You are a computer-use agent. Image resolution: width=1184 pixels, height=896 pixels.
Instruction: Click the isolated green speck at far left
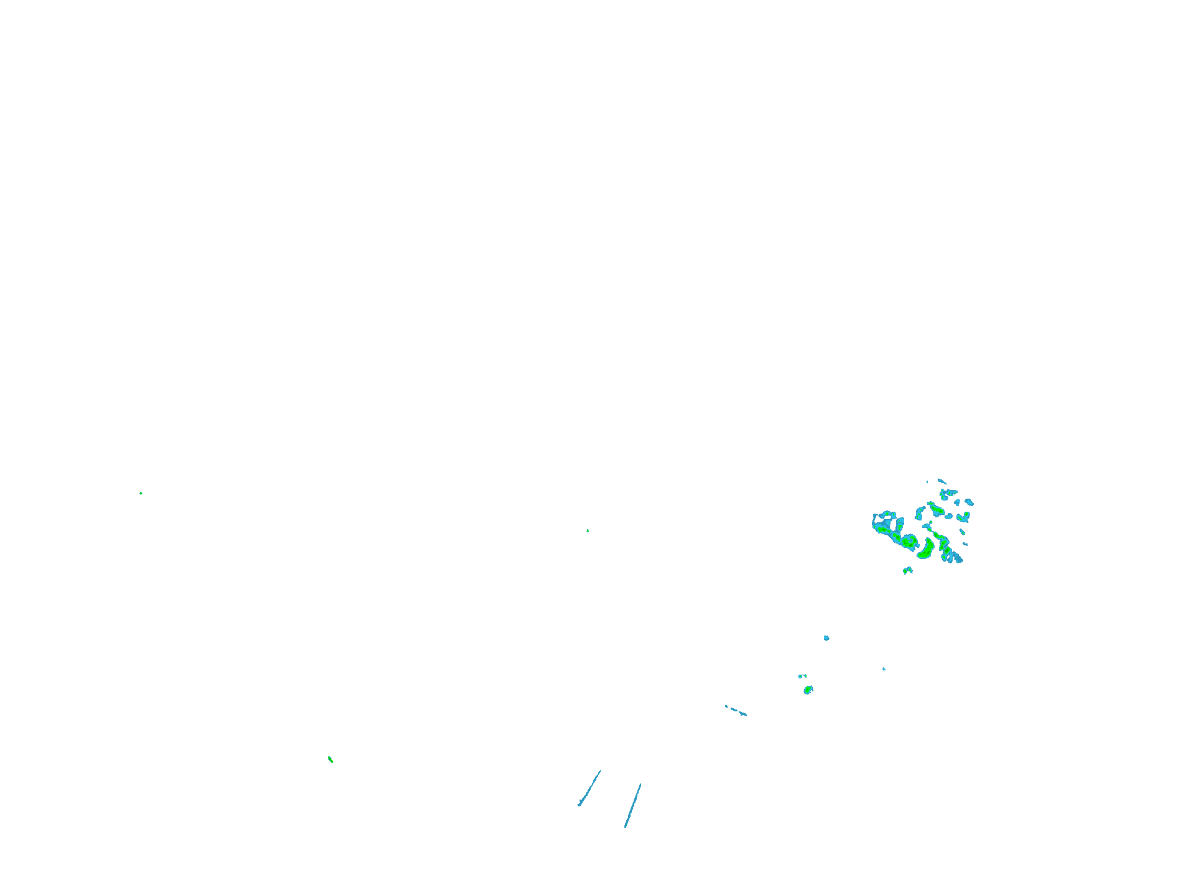141,493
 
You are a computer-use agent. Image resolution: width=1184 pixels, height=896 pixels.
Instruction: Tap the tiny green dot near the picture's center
588,530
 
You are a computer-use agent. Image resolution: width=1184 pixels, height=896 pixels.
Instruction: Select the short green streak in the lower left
330,759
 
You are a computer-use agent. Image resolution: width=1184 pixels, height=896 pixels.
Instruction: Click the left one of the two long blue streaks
590,788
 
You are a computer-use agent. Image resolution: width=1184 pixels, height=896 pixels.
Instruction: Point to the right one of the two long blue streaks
633,805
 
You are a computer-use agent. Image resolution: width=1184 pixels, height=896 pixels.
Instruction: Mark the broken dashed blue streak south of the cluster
736,711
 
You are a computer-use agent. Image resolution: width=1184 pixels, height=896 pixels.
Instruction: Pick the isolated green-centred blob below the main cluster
808,690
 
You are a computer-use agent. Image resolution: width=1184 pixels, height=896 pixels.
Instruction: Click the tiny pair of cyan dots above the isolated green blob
802,676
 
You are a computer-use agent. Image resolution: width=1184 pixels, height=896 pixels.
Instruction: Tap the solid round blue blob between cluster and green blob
826,638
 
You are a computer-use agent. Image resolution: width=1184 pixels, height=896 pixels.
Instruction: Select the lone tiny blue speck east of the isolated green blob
884,669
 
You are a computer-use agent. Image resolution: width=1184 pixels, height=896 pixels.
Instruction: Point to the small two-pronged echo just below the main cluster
908,570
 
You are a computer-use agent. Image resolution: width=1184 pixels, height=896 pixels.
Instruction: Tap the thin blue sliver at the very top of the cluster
942,481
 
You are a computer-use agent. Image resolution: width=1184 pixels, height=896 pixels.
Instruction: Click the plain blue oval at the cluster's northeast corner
969,502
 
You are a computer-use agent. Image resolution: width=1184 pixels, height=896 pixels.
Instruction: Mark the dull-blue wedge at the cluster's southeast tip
958,558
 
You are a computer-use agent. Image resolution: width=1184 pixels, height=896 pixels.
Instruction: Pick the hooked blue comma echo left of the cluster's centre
919,513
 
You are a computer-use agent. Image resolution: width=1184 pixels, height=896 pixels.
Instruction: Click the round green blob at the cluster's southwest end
909,541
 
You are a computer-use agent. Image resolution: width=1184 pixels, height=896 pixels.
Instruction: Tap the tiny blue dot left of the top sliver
927,482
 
